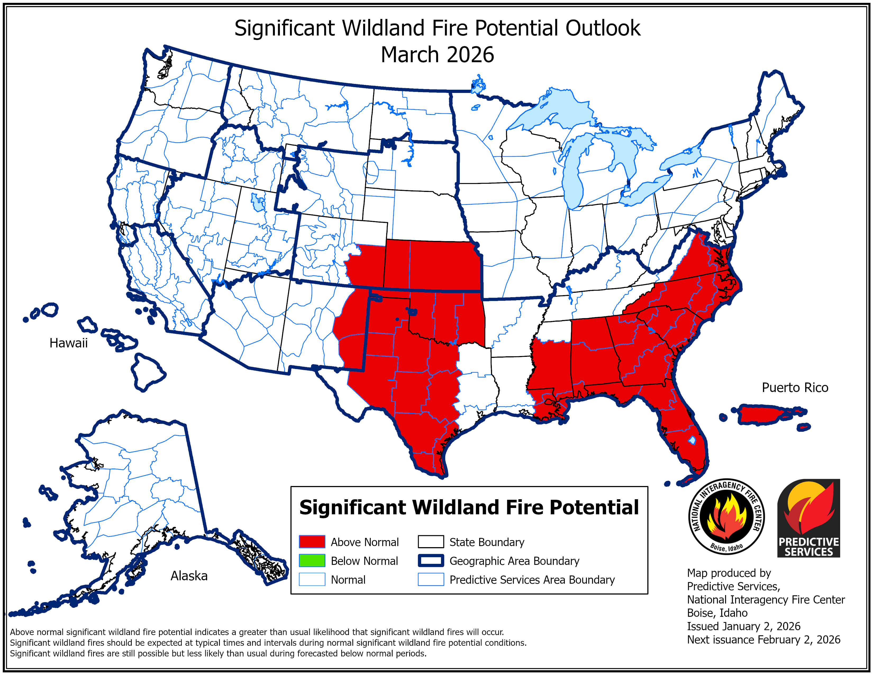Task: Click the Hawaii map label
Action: (x=68, y=343)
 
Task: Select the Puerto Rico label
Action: (x=795, y=388)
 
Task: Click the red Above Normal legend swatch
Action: (x=312, y=542)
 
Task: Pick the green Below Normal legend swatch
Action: (x=312, y=561)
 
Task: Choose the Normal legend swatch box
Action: (x=312, y=579)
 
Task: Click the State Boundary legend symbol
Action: (x=430, y=542)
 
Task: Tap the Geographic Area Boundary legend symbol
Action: (x=430, y=561)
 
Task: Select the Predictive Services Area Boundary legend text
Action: (x=532, y=580)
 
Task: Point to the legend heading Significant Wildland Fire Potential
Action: (x=469, y=507)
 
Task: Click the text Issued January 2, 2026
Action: (x=743, y=626)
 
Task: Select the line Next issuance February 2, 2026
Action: (x=763, y=640)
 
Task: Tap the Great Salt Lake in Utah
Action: (x=258, y=202)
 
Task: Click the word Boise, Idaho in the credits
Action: (x=717, y=613)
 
